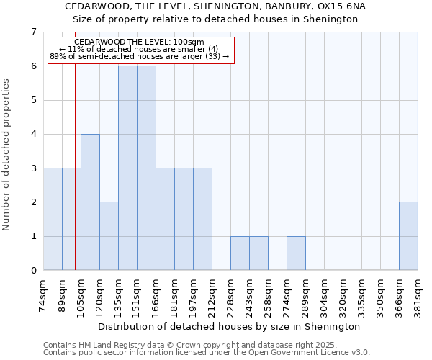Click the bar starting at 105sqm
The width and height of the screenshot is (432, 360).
click(x=90, y=202)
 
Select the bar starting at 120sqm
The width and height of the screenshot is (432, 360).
click(x=109, y=236)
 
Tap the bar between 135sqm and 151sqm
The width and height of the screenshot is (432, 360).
click(x=127, y=168)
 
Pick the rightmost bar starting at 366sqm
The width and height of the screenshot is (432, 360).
click(x=408, y=236)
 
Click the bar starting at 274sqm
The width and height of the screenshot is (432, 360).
click(x=296, y=253)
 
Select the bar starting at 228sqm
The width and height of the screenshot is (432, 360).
click(x=240, y=253)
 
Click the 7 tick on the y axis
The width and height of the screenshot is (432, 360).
click(x=33, y=32)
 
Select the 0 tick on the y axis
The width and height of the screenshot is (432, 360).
click(x=33, y=271)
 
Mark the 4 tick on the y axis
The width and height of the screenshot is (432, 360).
click(x=33, y=134)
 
